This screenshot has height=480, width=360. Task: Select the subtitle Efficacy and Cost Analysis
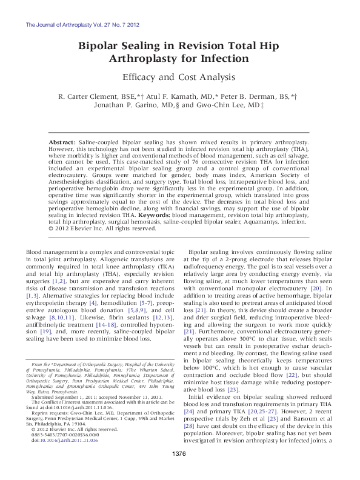coord(179,77)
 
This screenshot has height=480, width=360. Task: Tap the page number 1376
coord(179,471)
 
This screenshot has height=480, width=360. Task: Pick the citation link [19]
coord(62,332)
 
